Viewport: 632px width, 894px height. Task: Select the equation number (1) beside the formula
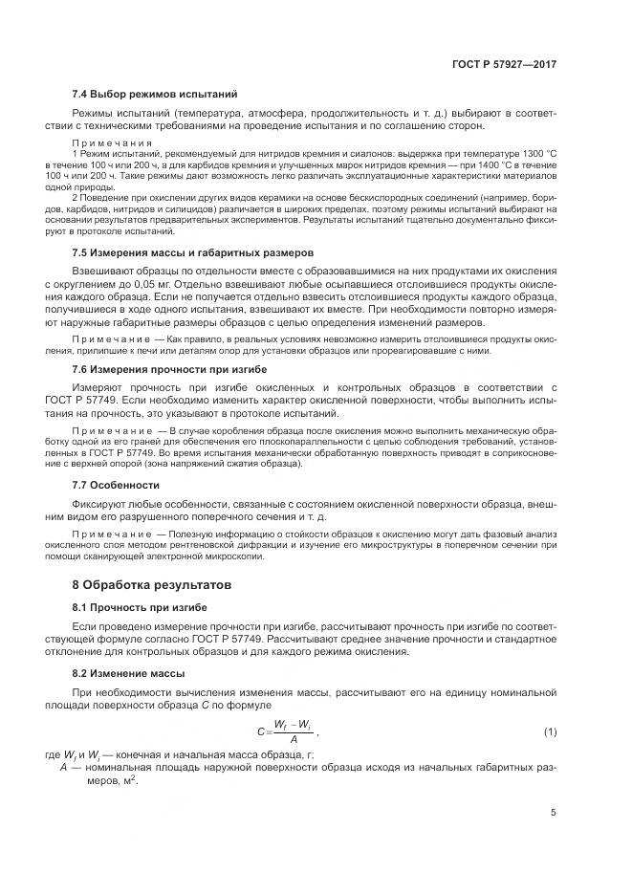coord(550,731)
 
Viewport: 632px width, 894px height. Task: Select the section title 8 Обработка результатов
coord(151,583)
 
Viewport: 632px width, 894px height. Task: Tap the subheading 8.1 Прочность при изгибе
coord(140,607)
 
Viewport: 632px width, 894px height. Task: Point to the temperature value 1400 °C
coord(498,164)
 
